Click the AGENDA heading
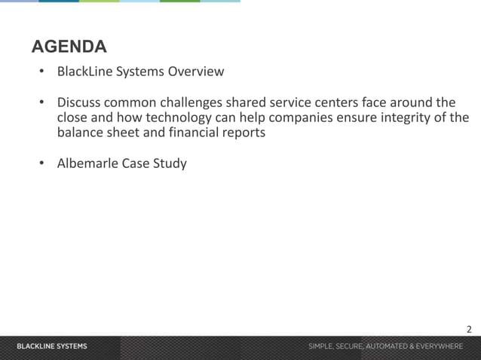coord(69,47)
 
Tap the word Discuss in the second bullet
coord(80,102)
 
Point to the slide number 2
coord(469,329)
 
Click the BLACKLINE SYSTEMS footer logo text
coord(52,346)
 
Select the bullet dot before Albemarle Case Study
coord(42,163)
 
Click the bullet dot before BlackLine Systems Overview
coord(42,72)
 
